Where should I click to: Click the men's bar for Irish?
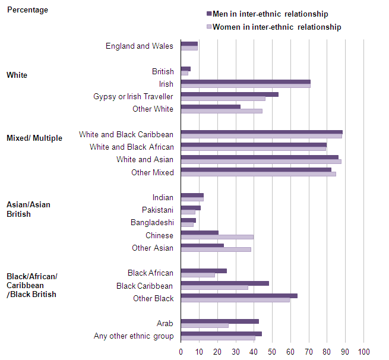pos(245,82)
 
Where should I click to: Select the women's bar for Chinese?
pos(217,237)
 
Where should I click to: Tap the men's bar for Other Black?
pos(239,296)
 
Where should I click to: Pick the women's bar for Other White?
pos(221,111)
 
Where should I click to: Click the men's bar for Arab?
pos(219,321)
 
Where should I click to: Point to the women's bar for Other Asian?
pos(216,250)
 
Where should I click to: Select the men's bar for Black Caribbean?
pos(224,283)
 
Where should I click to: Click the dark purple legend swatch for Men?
pos(209,14)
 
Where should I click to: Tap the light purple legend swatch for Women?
pos(209,27)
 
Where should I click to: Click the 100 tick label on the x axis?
pos(363,352)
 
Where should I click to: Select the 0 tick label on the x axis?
pos(181,352)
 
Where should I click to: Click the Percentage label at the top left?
pos(27,10)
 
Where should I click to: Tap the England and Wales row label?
pos(140,46)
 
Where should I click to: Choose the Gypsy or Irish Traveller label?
pos(133,96)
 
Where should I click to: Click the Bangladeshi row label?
pos(152,223)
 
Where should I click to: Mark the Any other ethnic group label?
pos(134,336)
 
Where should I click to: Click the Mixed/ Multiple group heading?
pos(34,138)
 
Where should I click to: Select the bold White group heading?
pos(17,75)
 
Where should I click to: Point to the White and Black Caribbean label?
pos(126,135)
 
